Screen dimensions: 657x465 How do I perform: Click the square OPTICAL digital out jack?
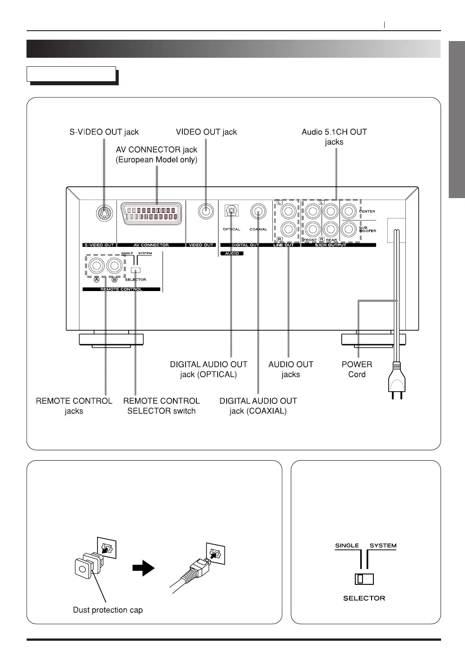tap(232, 211)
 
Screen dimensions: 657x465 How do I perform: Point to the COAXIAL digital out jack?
tap(258, 211)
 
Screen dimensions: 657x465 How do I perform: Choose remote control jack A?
tap(96, 266)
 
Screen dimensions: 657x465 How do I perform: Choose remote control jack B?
tap(114, 266)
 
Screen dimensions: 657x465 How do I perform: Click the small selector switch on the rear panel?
tap(135, 270)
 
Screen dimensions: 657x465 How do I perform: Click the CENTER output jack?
tap(349, 211)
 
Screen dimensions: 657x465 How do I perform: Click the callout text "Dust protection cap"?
tap(108, 610)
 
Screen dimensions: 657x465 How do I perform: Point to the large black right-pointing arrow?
tap(143, 569)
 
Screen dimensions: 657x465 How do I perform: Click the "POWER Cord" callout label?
tap(357, 369)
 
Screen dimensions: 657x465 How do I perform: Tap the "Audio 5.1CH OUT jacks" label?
tap(334, 137)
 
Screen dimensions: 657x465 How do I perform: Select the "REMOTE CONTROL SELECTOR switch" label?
tap(161, 406)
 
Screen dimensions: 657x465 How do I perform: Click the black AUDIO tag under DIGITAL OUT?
tap(232, 254)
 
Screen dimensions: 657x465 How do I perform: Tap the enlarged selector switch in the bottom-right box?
tap(364, 579)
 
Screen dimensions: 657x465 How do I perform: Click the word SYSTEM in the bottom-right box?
tap(383, 546)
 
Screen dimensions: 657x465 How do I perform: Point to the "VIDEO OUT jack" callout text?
tap(206, 132)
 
